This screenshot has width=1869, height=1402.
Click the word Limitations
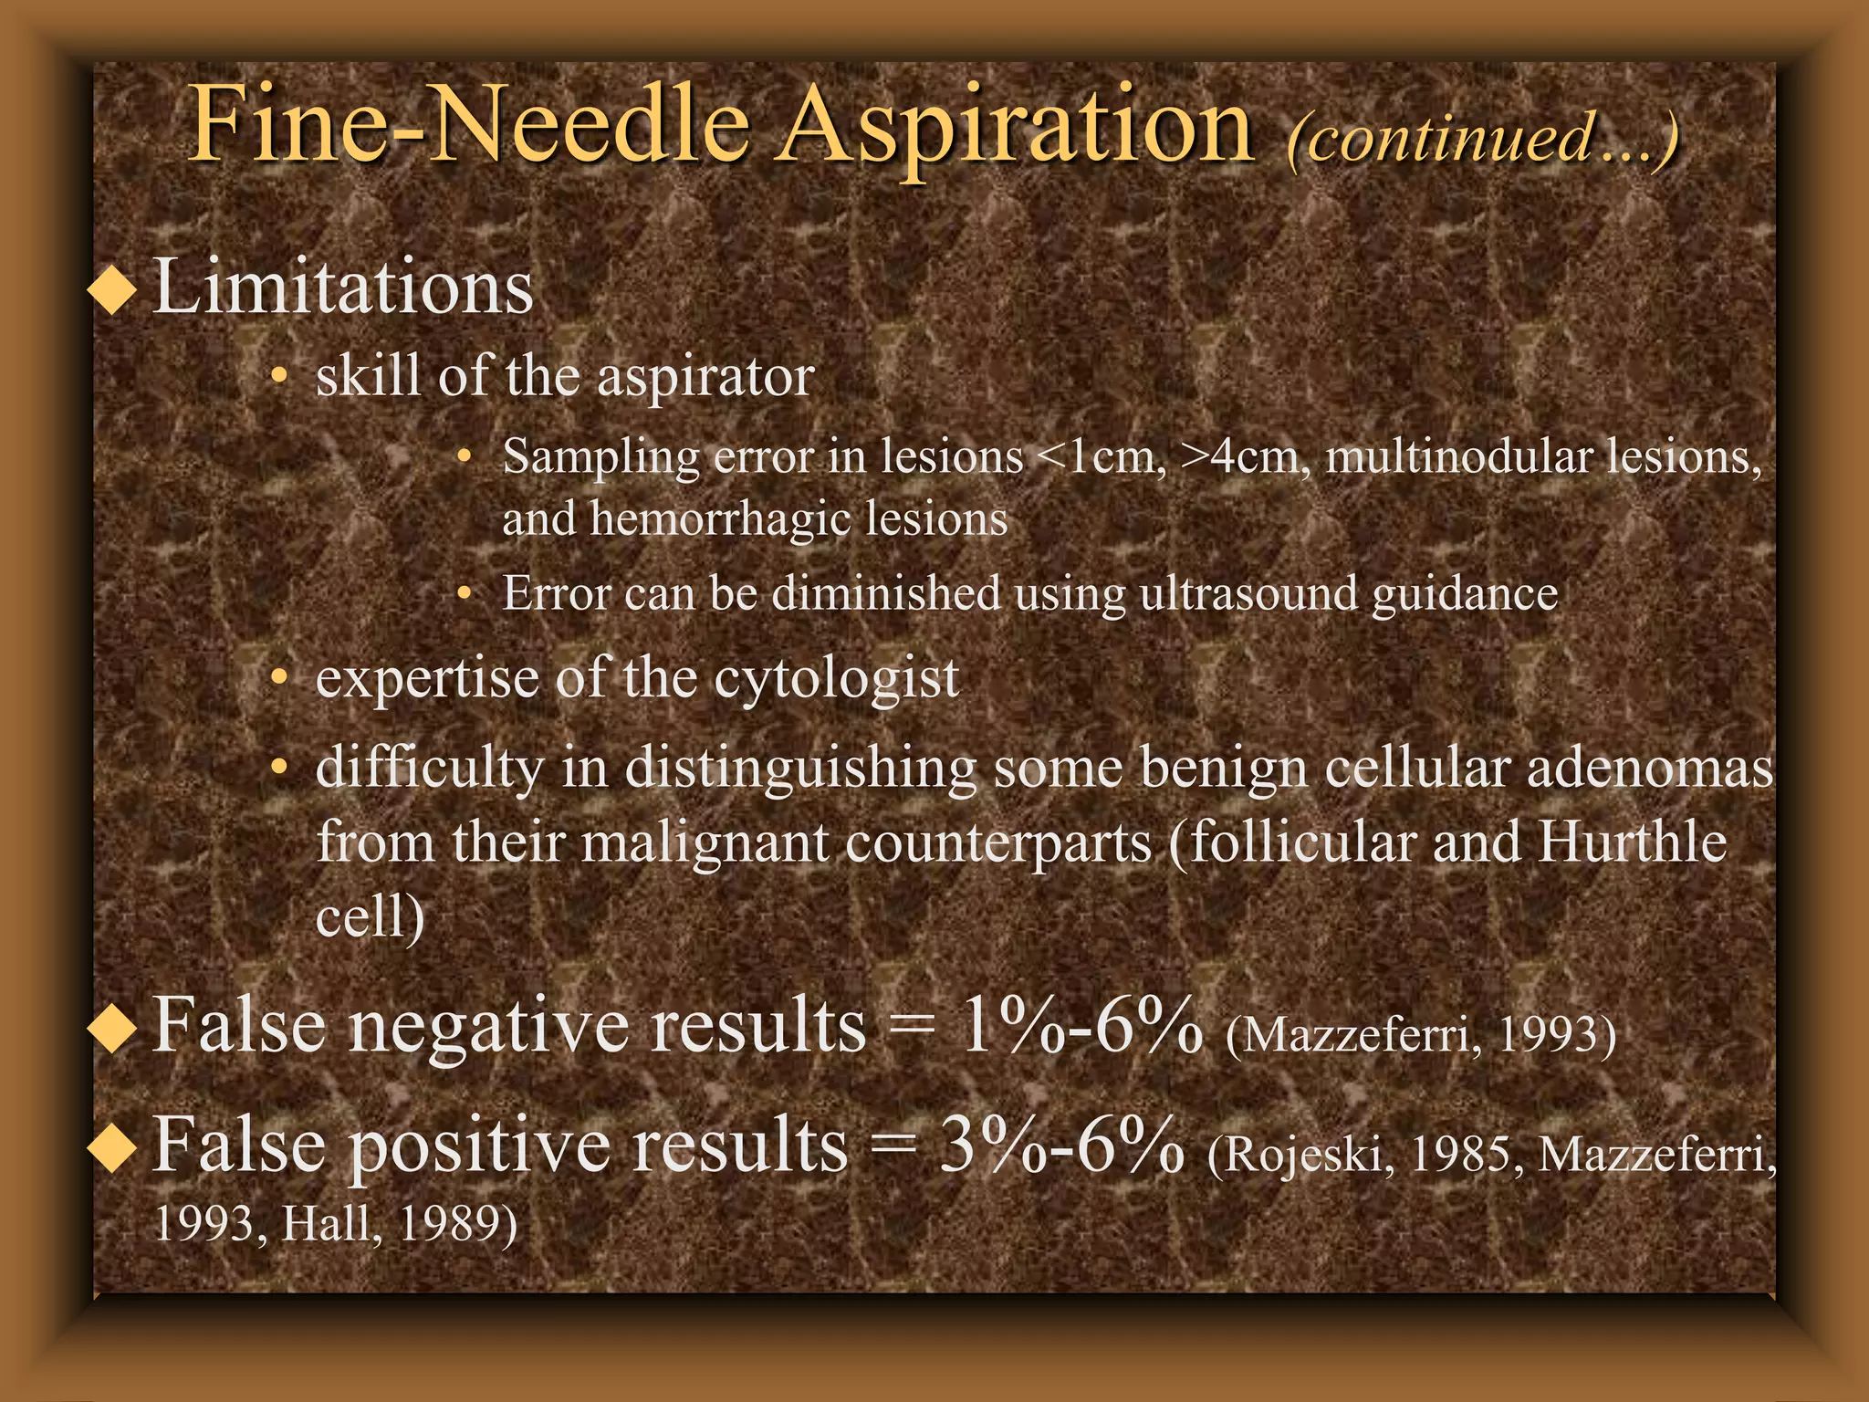(x=343, y=287)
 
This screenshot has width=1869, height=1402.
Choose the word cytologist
(x=836, y=679)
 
